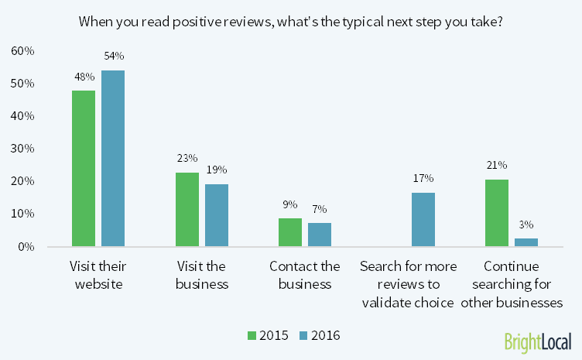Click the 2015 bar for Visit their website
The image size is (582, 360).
click(x=84, y=168)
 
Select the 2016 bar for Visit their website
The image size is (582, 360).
click(x=113, y=158)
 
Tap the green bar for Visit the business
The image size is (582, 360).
click(x=187, y=209)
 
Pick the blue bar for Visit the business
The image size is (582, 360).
click(x=217, y=215)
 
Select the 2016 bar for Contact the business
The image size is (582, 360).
click(x=320, y=235)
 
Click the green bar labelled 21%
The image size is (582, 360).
click(x=497, y=212)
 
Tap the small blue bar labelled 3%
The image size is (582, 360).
click(x=526, y=242)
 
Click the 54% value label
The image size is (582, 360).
click(x=113, y=57)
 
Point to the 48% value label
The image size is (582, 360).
click(x=84, y=77)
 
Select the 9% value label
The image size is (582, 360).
click(x=291, y=205)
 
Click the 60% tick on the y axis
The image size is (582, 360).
click(x=22, y=51)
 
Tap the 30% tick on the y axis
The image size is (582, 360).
click(x=22, y=149)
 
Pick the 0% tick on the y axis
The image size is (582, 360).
click(x=26, y=247)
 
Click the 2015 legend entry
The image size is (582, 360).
click(x=268, y=335)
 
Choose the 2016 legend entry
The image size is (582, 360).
click(x=319, y=335)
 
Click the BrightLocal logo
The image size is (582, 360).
click(x=537, y=341)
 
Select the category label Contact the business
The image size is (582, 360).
click(x=305, y=275)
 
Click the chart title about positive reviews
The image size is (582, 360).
click(x=291, y=21)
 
